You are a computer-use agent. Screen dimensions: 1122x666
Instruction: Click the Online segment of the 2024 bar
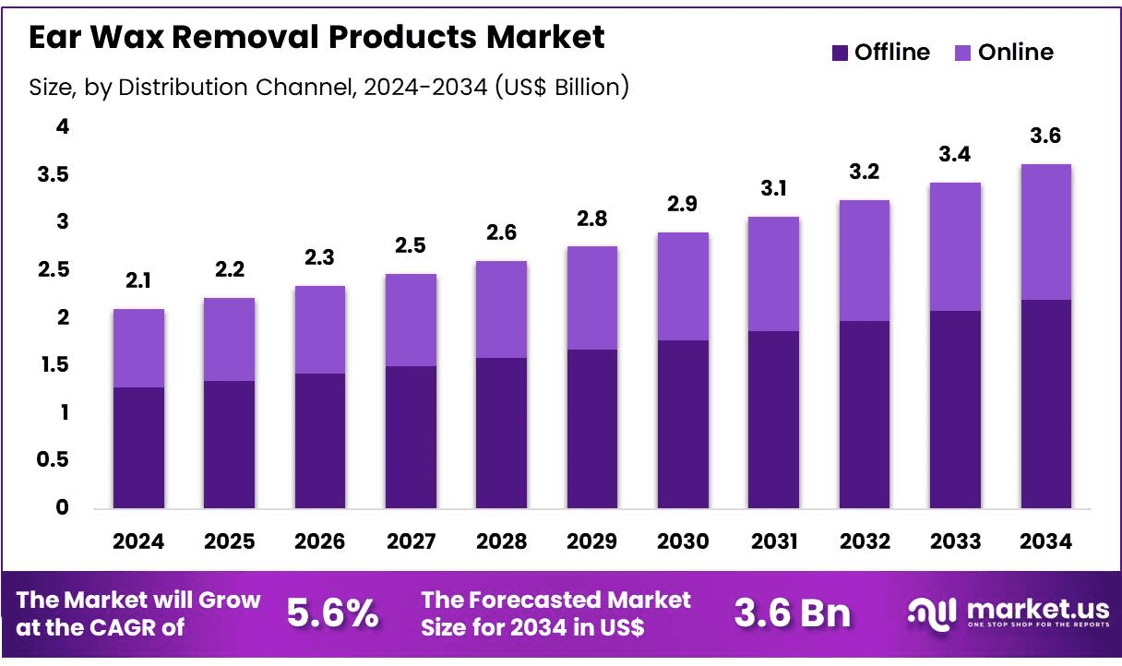click(x=138, y=348)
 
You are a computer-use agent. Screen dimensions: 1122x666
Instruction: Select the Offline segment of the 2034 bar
click(x=1045, y=404)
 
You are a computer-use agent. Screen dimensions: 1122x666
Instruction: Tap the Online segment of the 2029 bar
click(x=592, y=298)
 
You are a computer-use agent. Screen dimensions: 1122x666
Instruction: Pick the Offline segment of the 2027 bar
click(x=411, y=437)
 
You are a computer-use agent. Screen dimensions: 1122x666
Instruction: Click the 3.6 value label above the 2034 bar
click(x=1045, y=136)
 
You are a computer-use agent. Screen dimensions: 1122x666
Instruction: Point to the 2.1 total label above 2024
click(x=138, y=280)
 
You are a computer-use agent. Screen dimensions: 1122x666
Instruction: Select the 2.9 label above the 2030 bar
click(x=682, y=204)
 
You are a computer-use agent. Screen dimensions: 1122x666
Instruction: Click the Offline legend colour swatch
click(x=840, y=53)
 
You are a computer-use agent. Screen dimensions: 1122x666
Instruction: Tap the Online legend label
click(x=1016, y=52)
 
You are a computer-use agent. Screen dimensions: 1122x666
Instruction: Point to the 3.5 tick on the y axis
click(x=53, y=174)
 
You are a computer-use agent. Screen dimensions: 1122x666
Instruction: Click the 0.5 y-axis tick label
click(x=53, y=459)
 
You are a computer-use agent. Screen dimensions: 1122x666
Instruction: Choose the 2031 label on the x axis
click(x=774, y=541)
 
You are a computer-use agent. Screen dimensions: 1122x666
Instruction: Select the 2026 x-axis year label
click(x=319, y=541)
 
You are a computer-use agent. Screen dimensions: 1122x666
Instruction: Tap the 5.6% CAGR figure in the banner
click(x=332, y=612)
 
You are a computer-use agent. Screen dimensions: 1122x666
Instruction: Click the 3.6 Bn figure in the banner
click(x=793, y=612)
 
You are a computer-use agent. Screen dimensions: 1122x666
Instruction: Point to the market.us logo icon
click(x=932, y=614)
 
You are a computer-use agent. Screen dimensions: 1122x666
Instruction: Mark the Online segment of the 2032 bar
click(x=865, y=260)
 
